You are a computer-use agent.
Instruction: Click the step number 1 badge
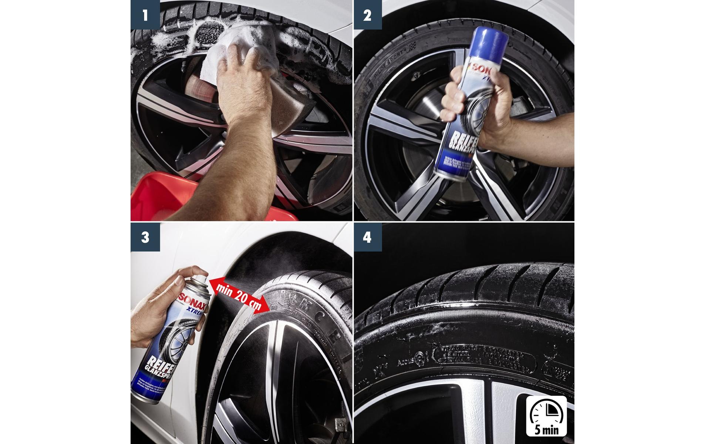145,15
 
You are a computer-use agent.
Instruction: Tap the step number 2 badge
367,15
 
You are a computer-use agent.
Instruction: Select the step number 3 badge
145,237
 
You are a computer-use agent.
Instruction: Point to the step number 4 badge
367,237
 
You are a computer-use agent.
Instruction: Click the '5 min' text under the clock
546,430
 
